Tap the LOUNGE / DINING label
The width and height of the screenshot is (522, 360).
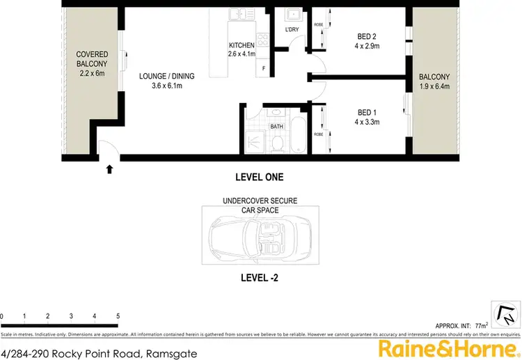166,76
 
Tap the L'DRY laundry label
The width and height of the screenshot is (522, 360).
292,30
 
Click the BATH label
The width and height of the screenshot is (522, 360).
276,126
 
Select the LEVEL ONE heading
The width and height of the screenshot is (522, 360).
260,177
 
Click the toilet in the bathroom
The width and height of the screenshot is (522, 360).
277,143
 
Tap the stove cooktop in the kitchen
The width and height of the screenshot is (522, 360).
263,40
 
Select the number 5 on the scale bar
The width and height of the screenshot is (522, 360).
118,316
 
